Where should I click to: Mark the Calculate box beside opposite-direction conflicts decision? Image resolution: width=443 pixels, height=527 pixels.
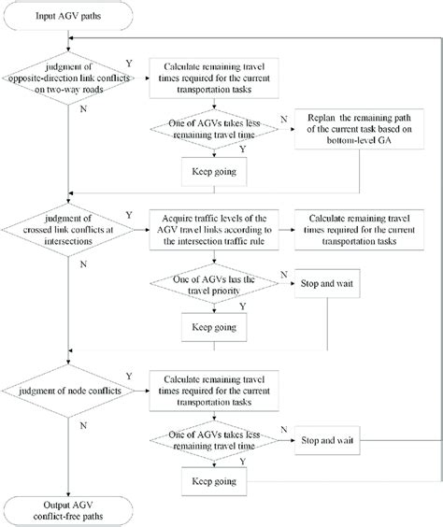click(212, 78)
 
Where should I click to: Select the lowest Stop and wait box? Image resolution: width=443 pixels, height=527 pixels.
click(332, 437)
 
